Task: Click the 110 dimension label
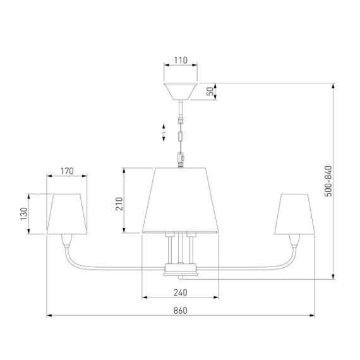181,61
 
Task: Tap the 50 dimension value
210,92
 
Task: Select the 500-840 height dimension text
328,181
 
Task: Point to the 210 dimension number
119,203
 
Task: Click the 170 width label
67,171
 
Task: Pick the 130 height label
24,214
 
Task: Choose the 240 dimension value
181,292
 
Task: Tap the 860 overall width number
181,311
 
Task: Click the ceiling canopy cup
181,92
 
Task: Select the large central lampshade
181,200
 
